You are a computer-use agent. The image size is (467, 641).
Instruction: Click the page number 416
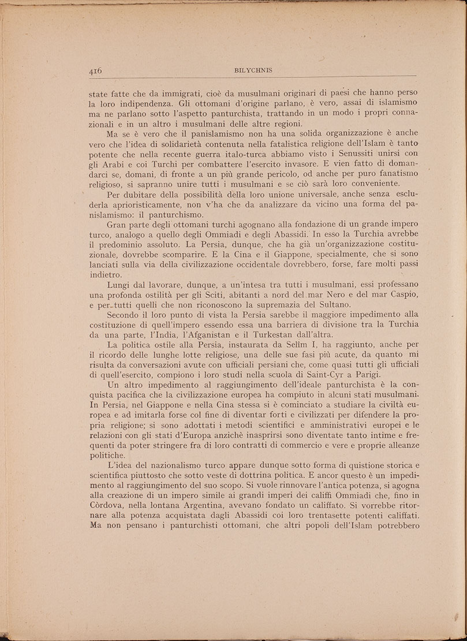pos(95,70)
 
